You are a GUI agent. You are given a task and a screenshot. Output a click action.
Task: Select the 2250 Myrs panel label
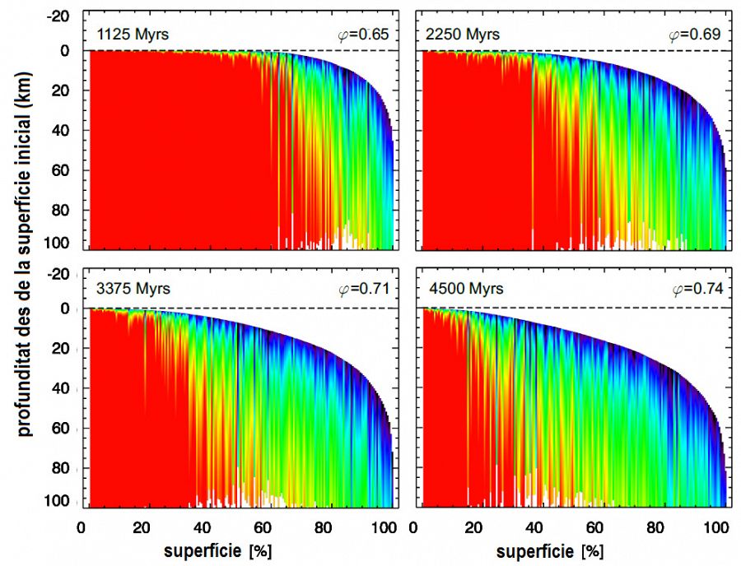[x=462, y=35]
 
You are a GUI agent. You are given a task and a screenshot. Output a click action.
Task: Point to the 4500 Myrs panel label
[x=462, y=290]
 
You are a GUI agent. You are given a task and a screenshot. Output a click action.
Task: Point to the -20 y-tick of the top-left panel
[x=58, y=16]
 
